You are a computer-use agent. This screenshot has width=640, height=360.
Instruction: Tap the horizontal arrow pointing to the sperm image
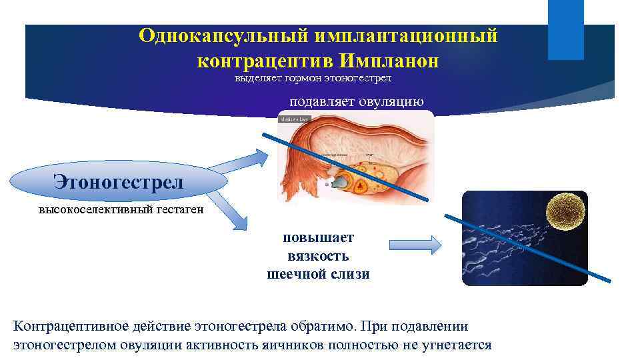(415, 245)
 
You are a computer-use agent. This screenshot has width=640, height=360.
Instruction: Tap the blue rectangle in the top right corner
(565, 30)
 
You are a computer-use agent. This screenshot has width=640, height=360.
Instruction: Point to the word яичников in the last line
(299, 345)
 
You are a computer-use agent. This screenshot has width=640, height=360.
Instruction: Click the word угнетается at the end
(456, 345)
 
